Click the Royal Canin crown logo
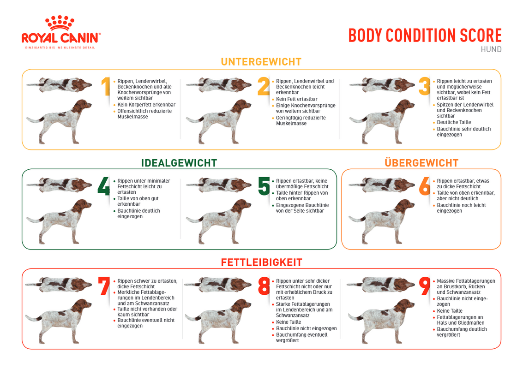60,23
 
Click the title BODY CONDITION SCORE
425,36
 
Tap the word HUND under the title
491,49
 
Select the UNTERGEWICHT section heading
261,62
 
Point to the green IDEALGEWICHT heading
179,163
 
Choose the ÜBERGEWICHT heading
421,163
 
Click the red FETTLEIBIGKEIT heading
261,262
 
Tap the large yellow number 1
106,87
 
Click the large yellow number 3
424,86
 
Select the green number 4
103,186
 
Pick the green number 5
264,186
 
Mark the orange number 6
425,186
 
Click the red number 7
104,286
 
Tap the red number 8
264,286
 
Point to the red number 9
425,286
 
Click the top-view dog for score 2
219,85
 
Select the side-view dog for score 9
381,321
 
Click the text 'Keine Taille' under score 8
289,322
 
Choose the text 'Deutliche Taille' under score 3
454,122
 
